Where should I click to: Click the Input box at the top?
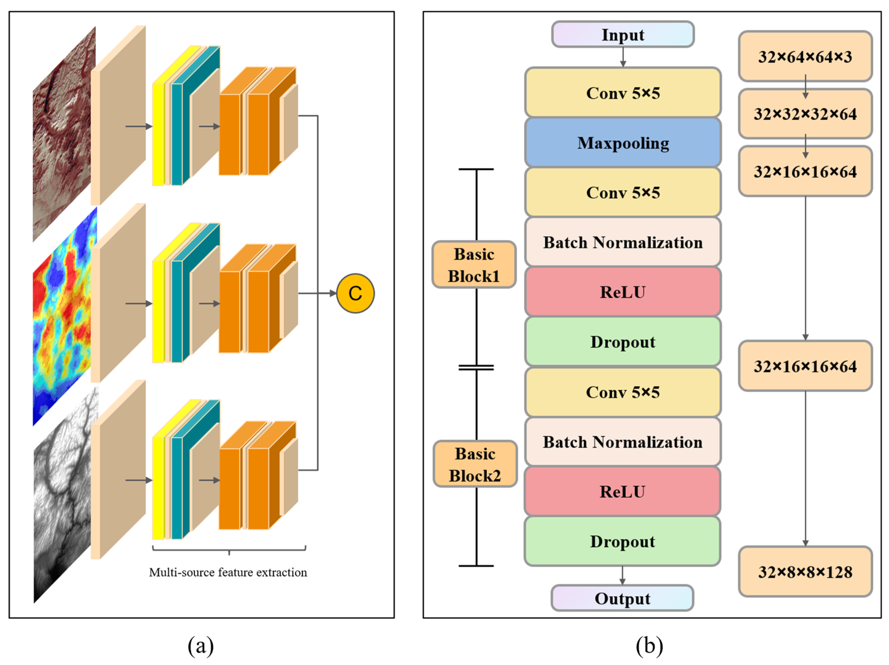(622, 35)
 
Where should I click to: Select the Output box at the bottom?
(622, 598)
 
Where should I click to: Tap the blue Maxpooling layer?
(622, 143)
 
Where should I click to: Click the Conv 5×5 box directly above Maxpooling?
(622, 93)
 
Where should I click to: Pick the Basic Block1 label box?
(474, 265)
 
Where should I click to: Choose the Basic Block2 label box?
(475, 464)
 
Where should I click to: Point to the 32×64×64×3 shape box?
(805, 57)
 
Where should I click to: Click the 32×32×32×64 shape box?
(805, 114)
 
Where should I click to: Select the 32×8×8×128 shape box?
(805, 572)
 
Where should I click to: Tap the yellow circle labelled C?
(355, 293)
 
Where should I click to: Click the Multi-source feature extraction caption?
(228, 572)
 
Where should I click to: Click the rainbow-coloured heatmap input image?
(63, 317)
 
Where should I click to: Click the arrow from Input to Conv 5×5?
(623, 57)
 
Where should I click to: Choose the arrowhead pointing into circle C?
(333, 293)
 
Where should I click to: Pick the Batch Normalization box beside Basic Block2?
(622, 442)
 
